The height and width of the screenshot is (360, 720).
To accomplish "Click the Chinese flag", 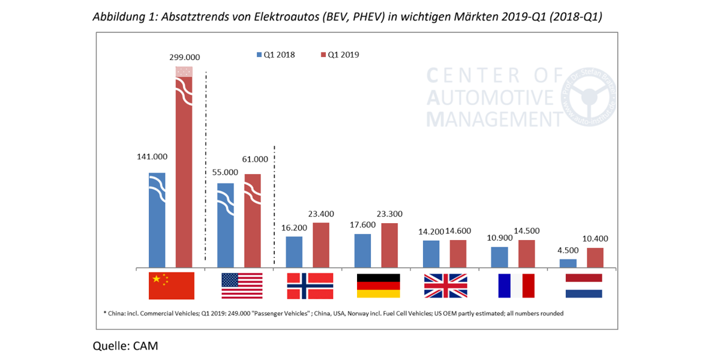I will [x=172, y=286].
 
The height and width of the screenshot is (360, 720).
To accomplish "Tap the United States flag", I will [x=242, y=286].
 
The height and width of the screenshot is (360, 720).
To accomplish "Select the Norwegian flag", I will [x=310, y=286].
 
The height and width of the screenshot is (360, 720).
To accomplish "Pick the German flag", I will [x=379, y=286].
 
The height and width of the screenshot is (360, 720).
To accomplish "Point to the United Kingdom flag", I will [x=445, y=286].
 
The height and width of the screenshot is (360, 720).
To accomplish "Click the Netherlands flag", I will [x=583, y=286].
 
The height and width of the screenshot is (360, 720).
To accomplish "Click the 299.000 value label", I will [x=184, y=58].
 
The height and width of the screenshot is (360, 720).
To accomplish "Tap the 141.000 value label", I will [x=152, y=157].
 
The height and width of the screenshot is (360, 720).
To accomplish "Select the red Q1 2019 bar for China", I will [x=184, y=180].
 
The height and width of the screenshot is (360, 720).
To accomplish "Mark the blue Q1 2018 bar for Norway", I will [x=294, y=252].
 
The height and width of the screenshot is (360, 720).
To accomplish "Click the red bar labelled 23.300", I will [x=389, y=245].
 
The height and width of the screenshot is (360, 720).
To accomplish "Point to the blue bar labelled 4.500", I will [x=568, y=263].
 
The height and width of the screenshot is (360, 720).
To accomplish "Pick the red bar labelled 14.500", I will [x=527, y=253].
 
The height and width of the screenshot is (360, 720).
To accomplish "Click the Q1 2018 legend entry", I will [x=277, y=55].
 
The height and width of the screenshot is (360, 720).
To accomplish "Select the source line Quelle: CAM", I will [x=125, y=346].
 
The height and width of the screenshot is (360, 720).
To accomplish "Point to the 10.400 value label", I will [x=596, y=238].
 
